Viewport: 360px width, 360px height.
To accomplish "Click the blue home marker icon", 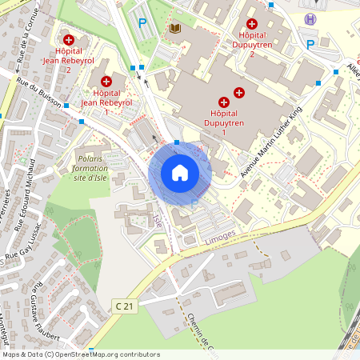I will [180, 172].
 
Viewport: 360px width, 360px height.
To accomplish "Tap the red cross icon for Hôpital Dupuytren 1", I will [223, 102].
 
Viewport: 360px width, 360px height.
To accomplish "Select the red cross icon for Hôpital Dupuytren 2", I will [252, 25].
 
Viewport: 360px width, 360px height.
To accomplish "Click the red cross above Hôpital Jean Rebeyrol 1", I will [106, 81].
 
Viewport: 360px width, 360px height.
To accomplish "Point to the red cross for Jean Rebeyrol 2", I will [69, 39].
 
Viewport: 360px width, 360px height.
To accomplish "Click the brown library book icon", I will [174, 28].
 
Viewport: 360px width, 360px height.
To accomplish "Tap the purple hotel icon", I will [310, 18].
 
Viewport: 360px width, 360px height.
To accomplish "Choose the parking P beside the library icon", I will [142, 24].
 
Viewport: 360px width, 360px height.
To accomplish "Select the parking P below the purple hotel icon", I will [310, 45].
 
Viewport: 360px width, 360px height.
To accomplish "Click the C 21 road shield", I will [122, 306].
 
